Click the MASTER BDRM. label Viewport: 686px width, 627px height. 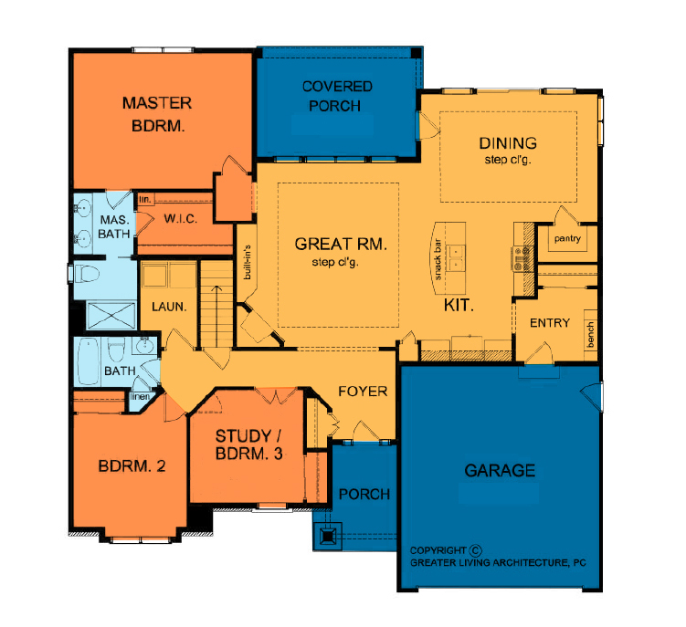tap(157, 115)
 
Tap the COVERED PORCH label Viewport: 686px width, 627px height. tap(336, 96)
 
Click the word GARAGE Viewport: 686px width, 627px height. tap(500, 470)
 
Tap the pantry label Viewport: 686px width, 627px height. tap(567, 239)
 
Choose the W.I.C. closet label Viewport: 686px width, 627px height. tap(180, 219)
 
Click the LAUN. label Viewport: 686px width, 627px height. tap(169, 307)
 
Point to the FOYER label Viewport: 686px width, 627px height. tap(363, 392)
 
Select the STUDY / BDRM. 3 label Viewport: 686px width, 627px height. tap(249, 444)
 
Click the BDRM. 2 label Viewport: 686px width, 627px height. tap(132, 466)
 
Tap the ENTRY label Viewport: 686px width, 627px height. tap(550, 323)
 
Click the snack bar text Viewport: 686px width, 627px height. tap(438, 259)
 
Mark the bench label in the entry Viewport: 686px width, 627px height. tap(591, 334)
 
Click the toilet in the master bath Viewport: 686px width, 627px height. tap(87, 275)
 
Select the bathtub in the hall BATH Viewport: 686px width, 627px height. tap(89, 361)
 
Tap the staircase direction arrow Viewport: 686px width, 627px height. tap(216, 316)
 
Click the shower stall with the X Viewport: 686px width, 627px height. tap(111, 316)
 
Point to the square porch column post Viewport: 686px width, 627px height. tap(327, 535)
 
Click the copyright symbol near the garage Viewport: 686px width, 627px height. tap(476, 550)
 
